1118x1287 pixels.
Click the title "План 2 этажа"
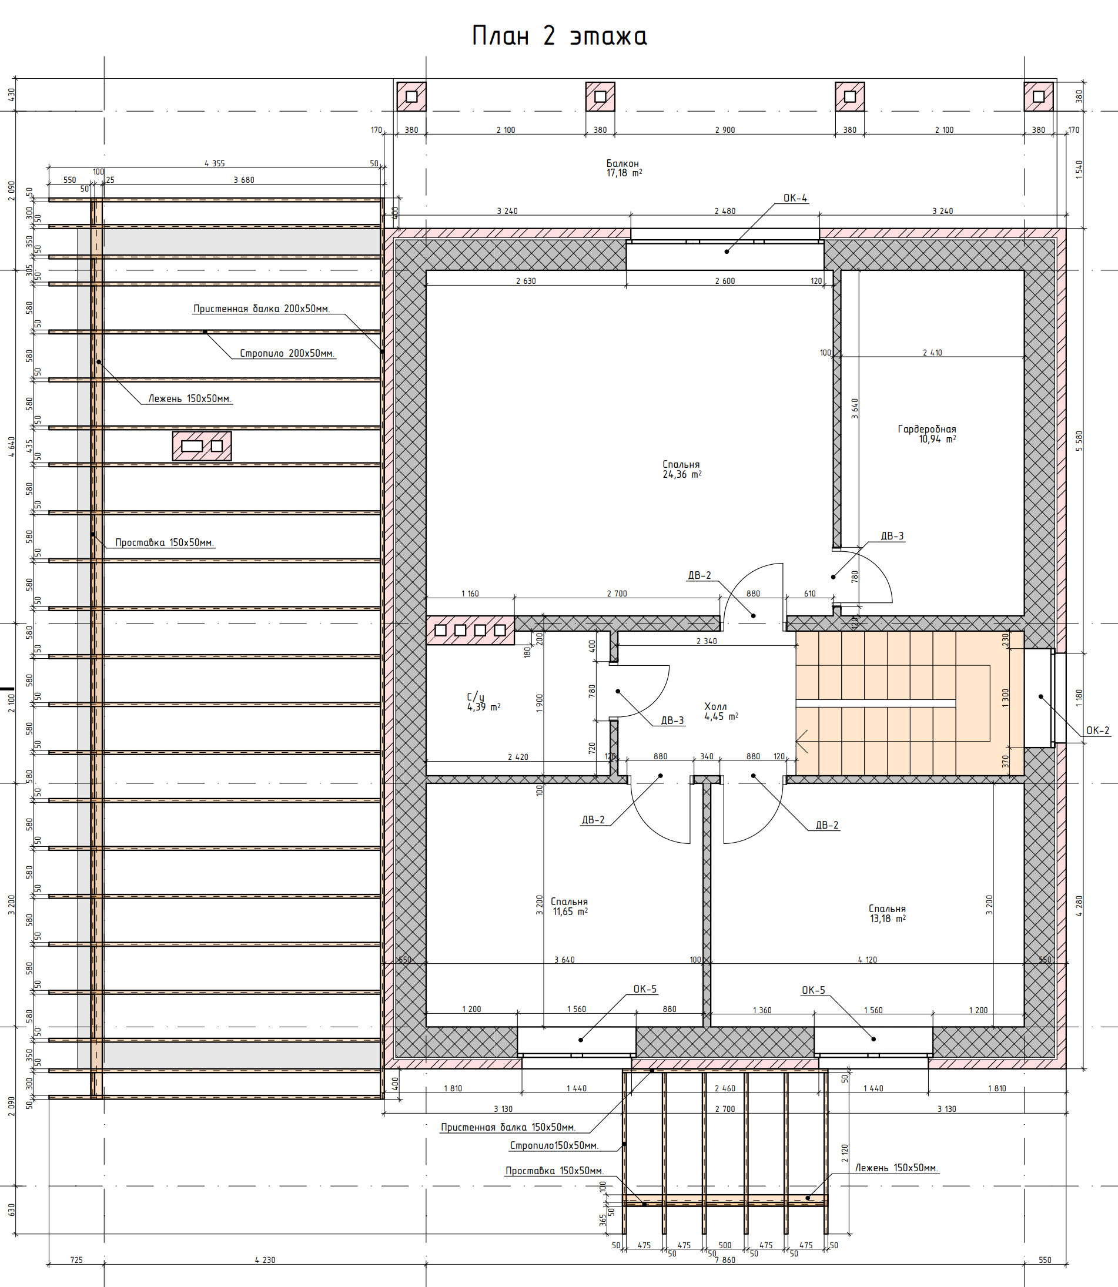tap(559, 36)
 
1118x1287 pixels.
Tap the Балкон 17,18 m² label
tap(624, 169)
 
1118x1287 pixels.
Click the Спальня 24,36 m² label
tap(682, 469)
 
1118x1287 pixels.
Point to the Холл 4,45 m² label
tap(721, 711)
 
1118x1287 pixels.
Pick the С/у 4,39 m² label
tap(484, 702)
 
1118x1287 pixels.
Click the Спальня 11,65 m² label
tap(570, 906)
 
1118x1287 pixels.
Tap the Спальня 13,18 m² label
tap(887, 913)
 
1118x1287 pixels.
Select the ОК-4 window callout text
tap(795, 199)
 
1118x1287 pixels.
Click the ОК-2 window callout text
tap(1098, 730)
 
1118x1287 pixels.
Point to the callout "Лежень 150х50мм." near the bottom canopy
tap(896, 1168)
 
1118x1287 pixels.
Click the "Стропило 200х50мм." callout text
tap(287, 353)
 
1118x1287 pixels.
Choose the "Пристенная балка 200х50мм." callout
tap(262, 309)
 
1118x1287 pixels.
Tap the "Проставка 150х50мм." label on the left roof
tap(165, 543)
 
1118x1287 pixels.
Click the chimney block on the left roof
tap(202, 446)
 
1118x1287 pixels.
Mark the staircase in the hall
tap(909, 703)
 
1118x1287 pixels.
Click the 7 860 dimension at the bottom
tap(725, 1260)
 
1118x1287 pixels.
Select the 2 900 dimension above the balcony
tap(725, 130)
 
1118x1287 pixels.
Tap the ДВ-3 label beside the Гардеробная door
tap(892, 536)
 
